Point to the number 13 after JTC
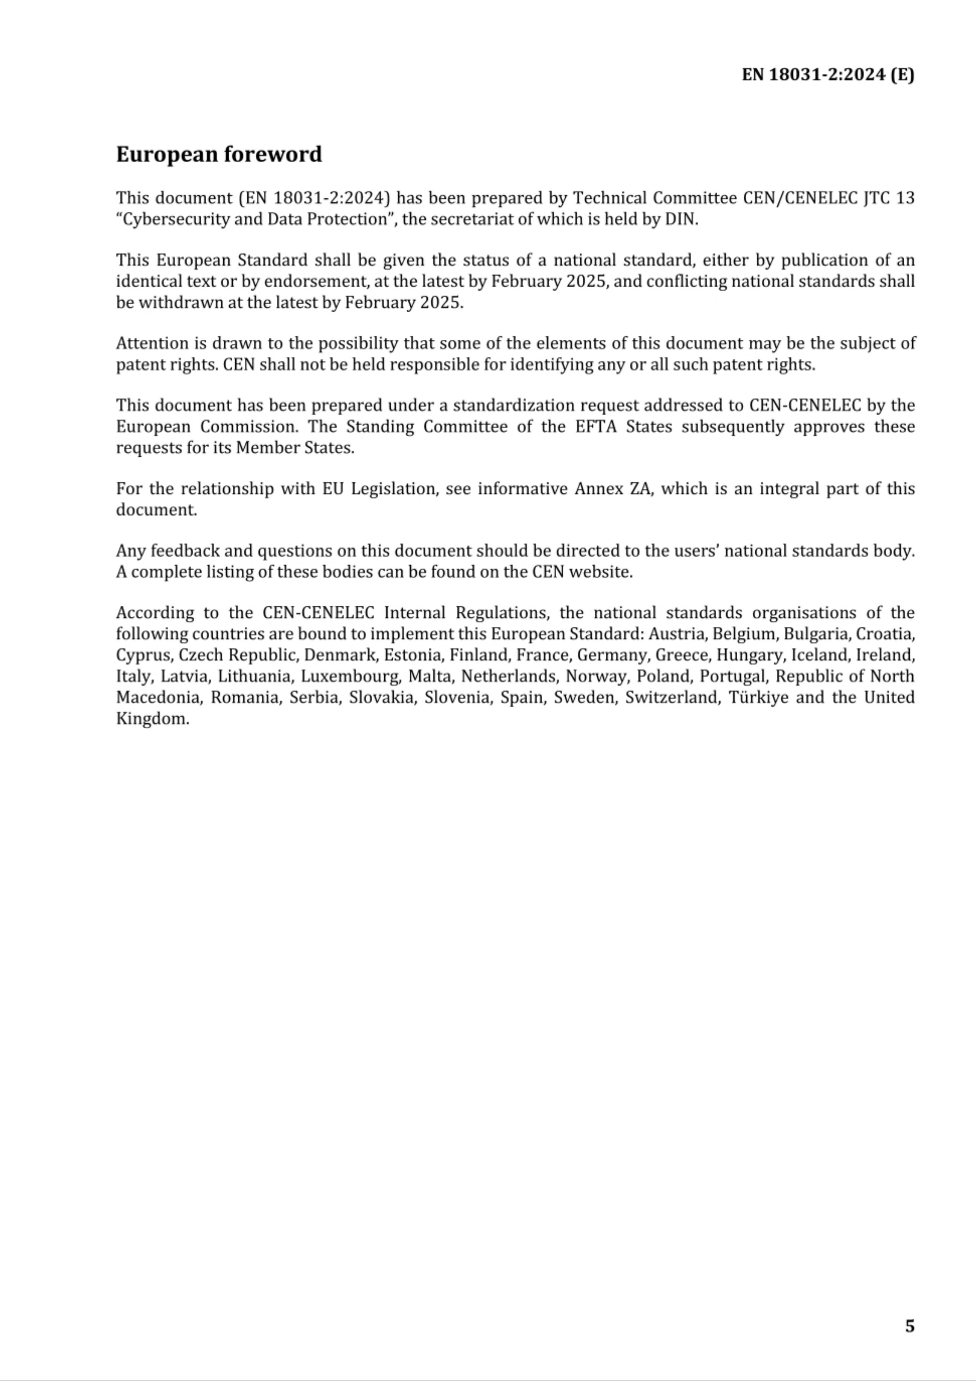[905, 198]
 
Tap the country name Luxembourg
[351, 676]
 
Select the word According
[155, 613]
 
